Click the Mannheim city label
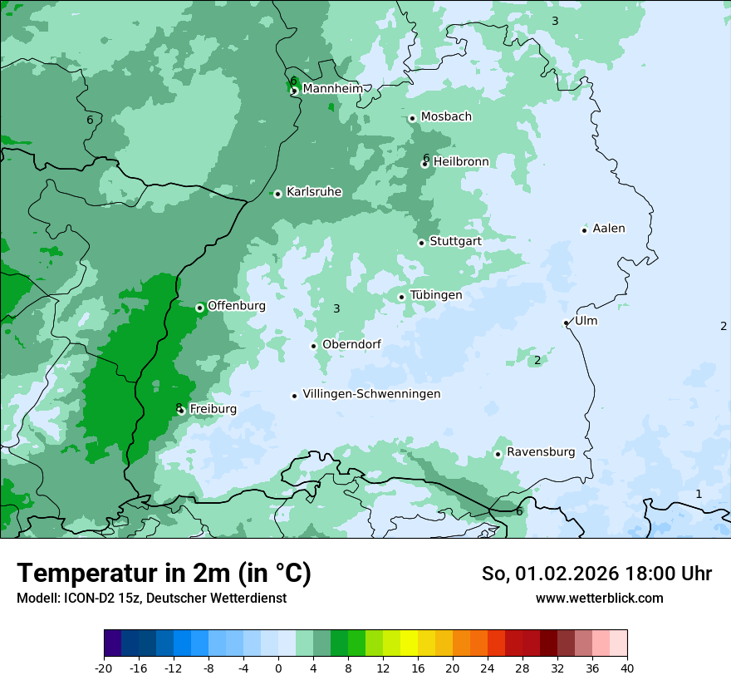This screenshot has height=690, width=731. click(332, 88)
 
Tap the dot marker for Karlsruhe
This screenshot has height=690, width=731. click(277, 194)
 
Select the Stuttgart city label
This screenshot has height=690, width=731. click(455, 241)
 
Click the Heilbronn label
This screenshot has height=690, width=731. click(461, 161)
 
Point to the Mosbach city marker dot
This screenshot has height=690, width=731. click(412, 118)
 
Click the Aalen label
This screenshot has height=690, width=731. click(609, 228)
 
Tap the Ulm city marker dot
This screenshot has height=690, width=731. click(567, 323)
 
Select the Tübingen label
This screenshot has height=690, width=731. click(436, 295)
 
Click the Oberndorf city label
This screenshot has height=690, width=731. click(351, 344)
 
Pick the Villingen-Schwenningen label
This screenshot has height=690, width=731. click(371, 394)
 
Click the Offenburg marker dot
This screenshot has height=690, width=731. click(200, 308)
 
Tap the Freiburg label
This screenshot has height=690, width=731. click(213, 409)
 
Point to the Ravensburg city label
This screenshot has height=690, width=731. click(541, 452)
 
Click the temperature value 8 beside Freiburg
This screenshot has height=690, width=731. click(179, 407)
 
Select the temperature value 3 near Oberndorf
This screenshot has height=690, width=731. click(336, 308)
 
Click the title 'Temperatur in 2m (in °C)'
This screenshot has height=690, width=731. click(164, 573)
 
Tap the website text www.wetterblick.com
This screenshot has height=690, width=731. click(599, 598)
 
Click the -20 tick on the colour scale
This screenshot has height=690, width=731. click(104, 668)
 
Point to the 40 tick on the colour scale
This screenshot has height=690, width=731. click(627, 668)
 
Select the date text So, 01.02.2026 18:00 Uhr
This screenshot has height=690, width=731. click(596, 574)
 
